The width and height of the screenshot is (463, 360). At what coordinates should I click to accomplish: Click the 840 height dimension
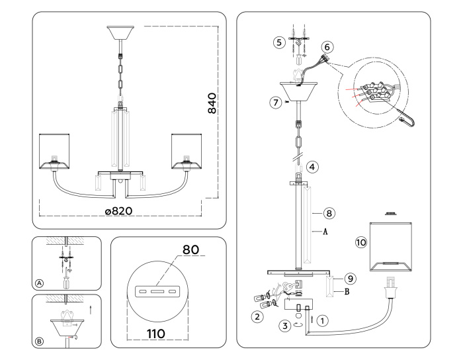[212, 103]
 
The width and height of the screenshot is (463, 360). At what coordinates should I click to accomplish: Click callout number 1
[323, 320]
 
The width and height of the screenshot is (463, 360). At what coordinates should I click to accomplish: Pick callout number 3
[285, 325]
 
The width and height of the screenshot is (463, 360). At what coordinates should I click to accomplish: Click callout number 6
[328, 47]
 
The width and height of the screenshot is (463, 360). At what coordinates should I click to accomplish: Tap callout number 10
[361, 243]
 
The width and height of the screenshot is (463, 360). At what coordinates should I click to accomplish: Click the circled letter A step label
[39, 283]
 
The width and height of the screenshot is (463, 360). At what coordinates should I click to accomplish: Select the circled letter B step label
[39, 341]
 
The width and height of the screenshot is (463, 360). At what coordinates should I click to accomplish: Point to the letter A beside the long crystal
[325, 232]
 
